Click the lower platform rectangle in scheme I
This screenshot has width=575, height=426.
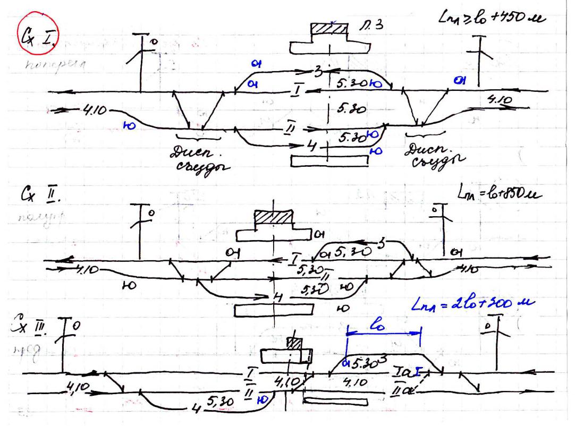(328, 161)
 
